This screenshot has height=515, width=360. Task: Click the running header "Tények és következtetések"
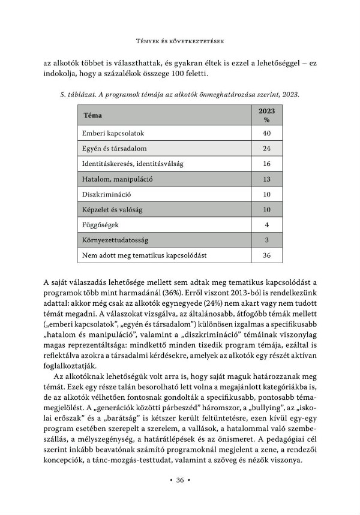point(180,41)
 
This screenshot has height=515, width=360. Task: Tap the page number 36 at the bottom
point(180,480)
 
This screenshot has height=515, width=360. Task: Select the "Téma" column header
point(92,115)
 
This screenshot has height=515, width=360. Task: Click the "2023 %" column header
point(266,115)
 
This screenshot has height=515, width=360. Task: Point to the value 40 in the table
point(266,133)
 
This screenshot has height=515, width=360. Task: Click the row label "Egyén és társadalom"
point(115,148)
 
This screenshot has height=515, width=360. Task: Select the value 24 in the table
point(266,148)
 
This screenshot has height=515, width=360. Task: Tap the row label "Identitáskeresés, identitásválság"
point(133,164)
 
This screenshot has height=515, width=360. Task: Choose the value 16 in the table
point(266,164)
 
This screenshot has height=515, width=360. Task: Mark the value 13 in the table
point(266,179)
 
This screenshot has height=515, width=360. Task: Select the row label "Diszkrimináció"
point(106,194)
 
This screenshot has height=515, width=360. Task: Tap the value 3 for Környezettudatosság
point(266,240)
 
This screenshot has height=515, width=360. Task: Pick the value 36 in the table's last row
point(266,255)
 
